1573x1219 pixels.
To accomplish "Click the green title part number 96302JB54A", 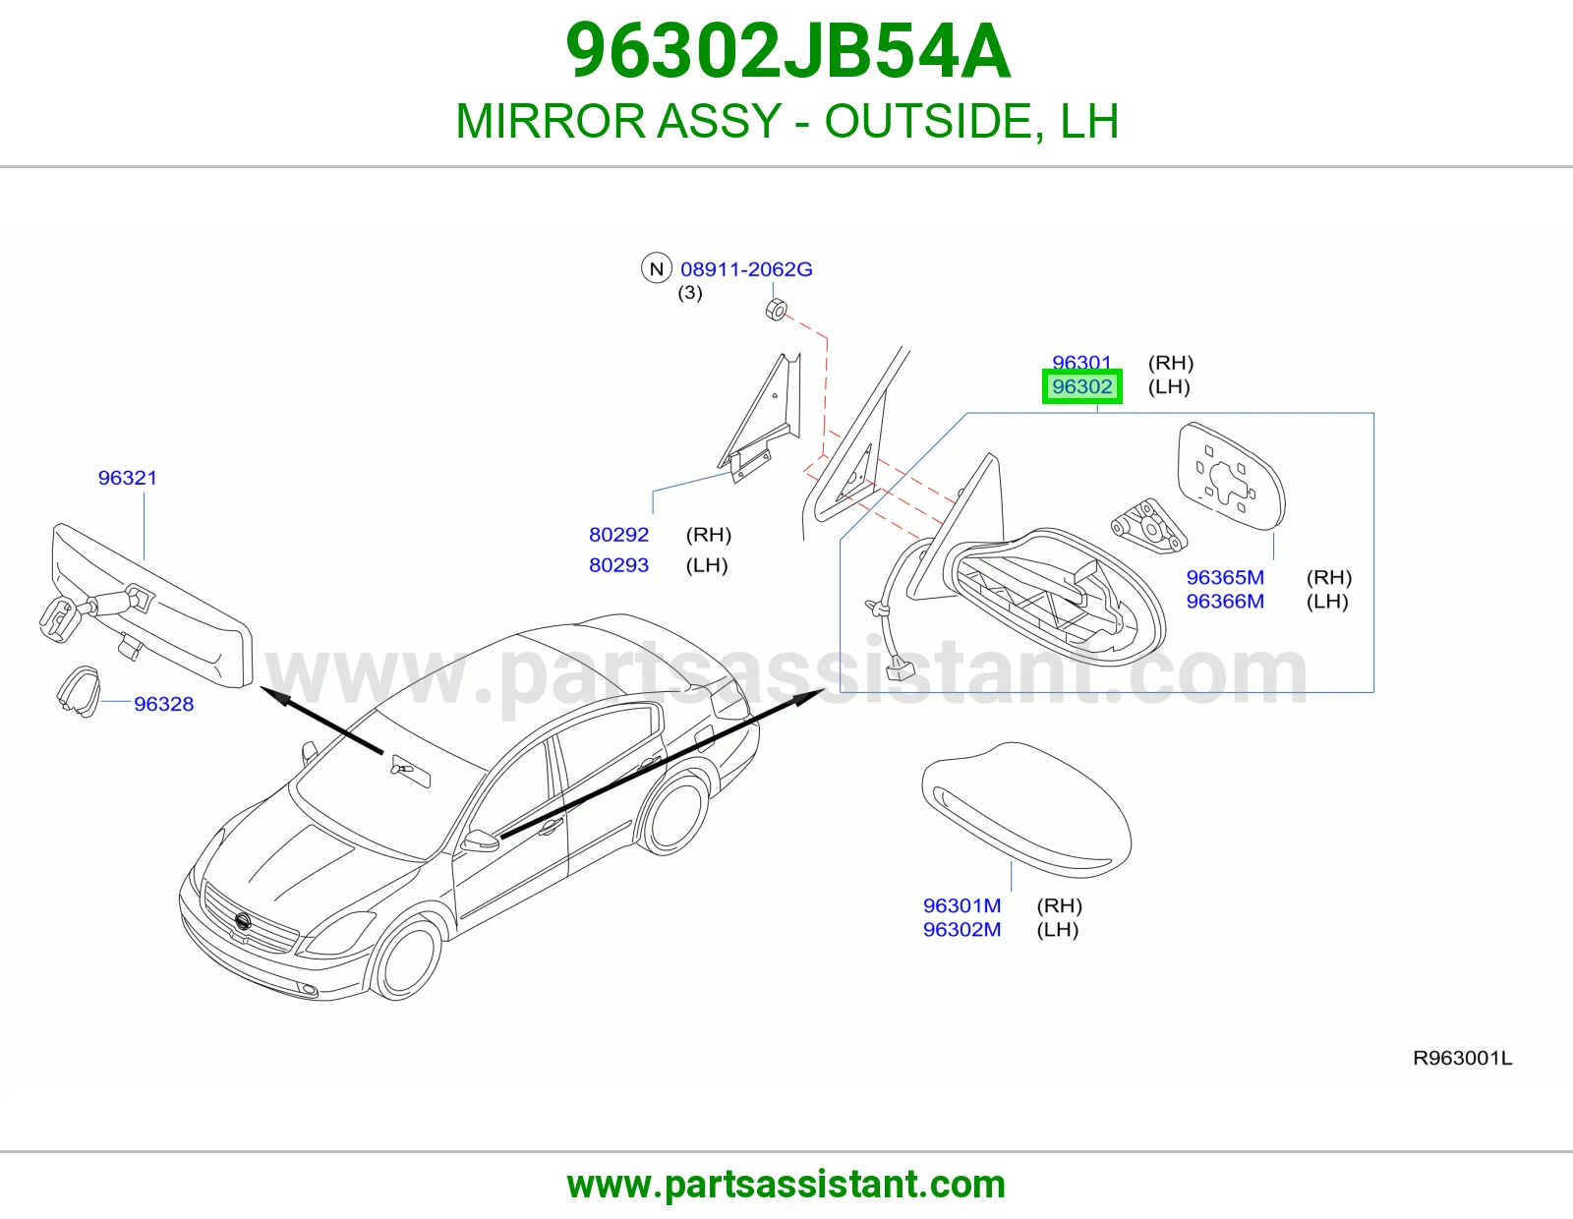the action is pos(787,51).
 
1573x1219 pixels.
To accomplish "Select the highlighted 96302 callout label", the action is pos(1081,386).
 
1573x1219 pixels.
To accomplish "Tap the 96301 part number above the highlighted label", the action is pos(1081,362).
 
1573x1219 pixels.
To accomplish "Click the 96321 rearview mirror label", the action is pos(128,478).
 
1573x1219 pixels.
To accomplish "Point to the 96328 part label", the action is pos(163,704).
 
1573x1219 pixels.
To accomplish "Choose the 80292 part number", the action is pos(619,534).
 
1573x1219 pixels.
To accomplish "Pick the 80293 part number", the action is pos(619,564).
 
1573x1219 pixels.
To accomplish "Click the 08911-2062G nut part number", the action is pos(746,269).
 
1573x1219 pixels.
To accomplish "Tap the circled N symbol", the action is pos(657,268).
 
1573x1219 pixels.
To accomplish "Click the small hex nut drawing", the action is pos(776,310).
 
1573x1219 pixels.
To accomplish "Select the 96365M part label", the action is pos(1225,577).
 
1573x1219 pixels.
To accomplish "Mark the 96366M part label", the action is pos(1225,601).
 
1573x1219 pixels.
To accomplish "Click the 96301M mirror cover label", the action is pos(962,905).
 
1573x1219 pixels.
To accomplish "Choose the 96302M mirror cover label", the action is pos(962,929).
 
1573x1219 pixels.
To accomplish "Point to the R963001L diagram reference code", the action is pos(1462,1059).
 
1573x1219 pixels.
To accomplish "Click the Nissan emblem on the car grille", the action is pos(243,921).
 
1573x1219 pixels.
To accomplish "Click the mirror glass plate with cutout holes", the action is pos(1231,477).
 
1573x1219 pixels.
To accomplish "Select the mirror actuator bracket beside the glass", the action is pos(1149,526).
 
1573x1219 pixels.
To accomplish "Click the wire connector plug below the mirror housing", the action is pos(902,668).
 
